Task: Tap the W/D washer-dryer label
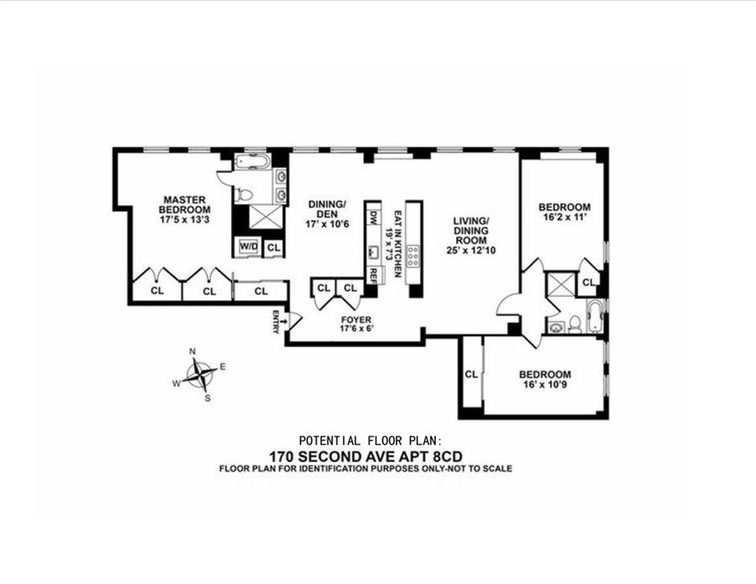click(x=248, y=246)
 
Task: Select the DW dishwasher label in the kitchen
click(x=372, y=219)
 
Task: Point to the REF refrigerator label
click(x=372, y=273)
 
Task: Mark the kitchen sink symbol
click(x=371, y=249)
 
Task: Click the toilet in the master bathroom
click(x=244, y=194)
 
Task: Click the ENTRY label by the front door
click(x=275, y=322)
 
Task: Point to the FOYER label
click(x=356, y=319)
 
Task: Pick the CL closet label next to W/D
click(x=273, y=247)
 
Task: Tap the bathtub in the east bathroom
click(x=594, y=318)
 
